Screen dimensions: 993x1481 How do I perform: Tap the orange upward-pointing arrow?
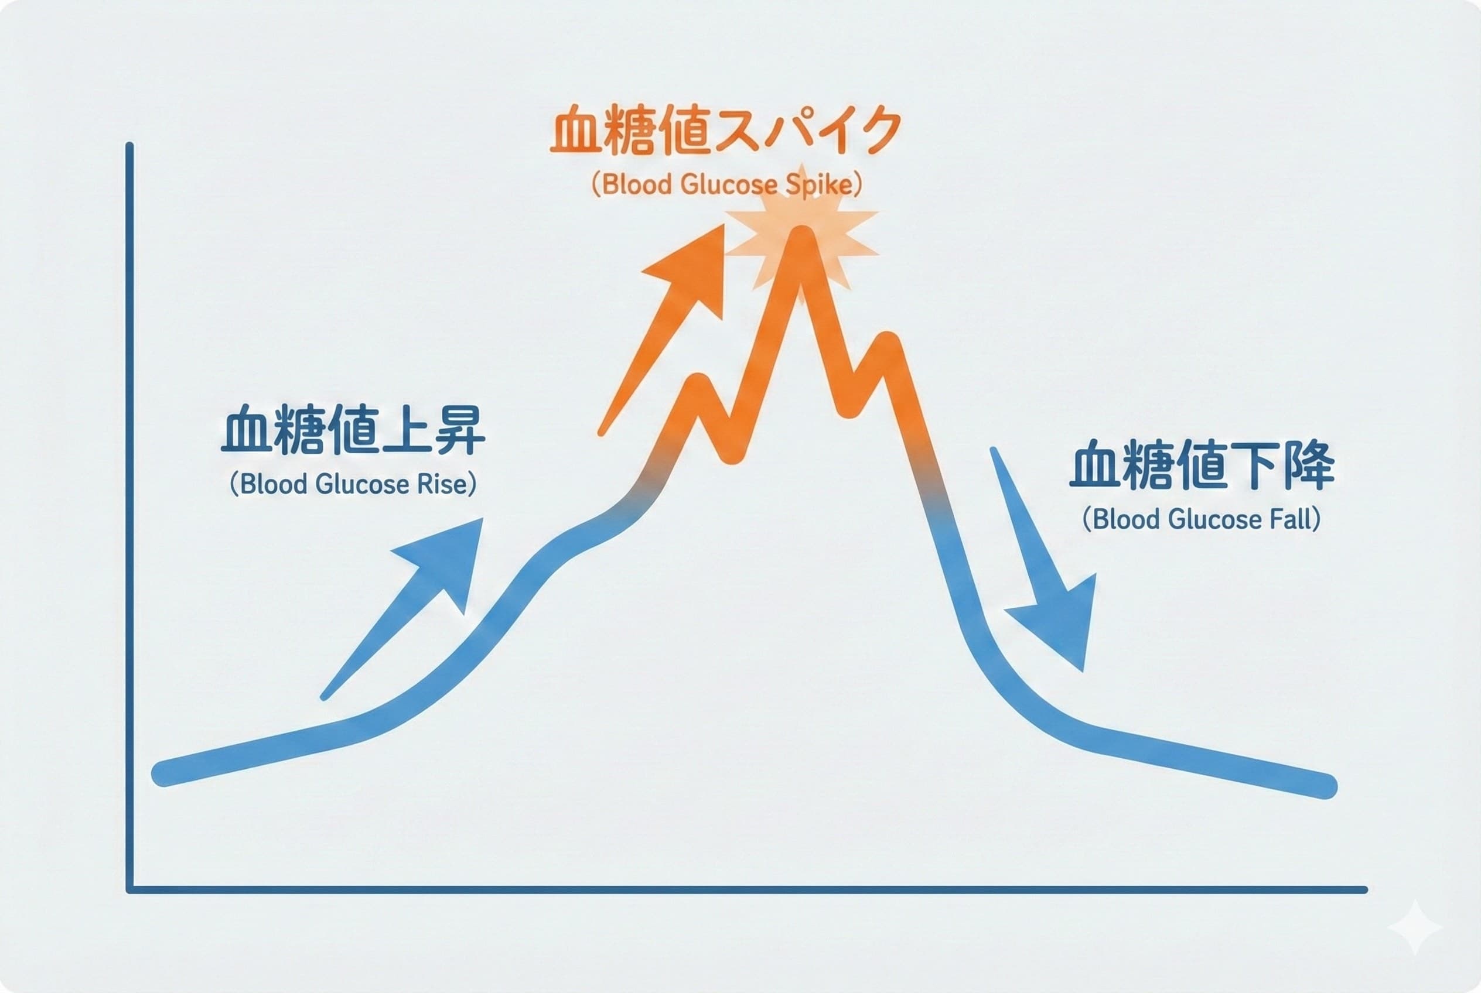[x=672, y=317]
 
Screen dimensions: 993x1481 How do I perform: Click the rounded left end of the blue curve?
[x=163, y=773]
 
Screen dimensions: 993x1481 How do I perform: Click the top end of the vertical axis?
[x=129, y=147]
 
